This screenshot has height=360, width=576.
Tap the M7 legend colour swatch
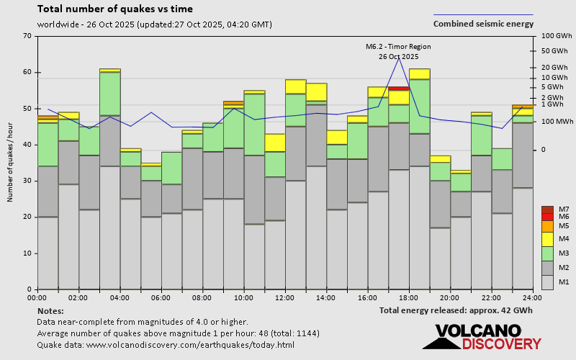coord(547,210)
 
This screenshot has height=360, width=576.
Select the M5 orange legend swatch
coord(547,226)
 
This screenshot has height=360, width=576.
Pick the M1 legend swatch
coord(547,282)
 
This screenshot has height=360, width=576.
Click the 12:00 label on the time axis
coord(284,297)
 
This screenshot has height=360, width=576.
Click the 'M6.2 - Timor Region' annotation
coord(398,46)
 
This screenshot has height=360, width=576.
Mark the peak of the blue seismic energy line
coord(399,57)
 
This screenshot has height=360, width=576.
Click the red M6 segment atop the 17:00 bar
coord(399,89)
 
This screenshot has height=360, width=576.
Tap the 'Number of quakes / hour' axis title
coord(11,163)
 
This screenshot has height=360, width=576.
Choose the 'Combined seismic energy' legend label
coord(483,24)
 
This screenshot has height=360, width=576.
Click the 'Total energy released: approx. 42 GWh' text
coord(456,310)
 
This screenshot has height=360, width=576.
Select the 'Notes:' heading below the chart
coord(50,310)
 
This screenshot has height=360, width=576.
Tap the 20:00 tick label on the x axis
coord(450,297)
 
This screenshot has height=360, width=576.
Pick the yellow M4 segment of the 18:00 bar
coord(420,74)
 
